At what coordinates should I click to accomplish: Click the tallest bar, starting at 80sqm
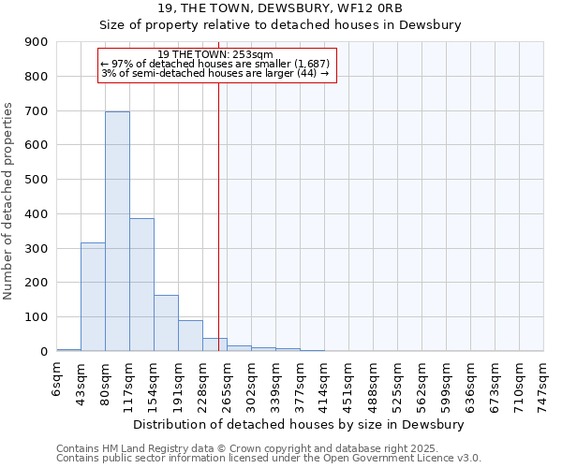point(117,231)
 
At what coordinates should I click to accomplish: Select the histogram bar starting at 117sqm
point(141,285)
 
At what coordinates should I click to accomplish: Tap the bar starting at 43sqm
point(93,297)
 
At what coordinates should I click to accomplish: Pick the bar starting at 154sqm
point(166,323)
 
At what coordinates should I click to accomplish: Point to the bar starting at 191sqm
point(190,335)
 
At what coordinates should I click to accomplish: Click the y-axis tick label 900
point(37,42)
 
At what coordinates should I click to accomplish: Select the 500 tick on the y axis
point(37,180)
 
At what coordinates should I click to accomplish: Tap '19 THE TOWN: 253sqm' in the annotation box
point(215,54)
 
